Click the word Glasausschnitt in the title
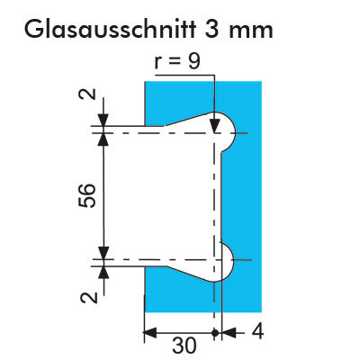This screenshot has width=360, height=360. (110, 29)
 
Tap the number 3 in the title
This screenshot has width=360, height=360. (212, 30)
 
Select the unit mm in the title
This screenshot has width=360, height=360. (251, 31)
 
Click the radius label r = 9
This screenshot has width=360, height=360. (177, 61)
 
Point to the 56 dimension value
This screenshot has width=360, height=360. (87, 195)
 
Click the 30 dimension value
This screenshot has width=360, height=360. (184, 346)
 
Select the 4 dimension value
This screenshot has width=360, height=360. (257, 332)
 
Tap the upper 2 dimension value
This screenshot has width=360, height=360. (87, 94)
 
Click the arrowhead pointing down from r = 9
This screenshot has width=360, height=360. (214, 125)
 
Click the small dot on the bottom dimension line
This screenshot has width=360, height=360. (214, 332)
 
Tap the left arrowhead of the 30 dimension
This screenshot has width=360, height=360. (150, 332)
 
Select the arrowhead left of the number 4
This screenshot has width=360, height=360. (229, 332)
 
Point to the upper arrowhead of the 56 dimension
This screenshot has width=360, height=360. (103, 139)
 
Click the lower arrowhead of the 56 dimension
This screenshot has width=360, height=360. (103, 252)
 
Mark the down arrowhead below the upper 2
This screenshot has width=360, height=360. (103, 120)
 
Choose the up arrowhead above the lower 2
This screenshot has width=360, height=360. (103, 273)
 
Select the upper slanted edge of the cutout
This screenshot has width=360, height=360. (189, 119)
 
